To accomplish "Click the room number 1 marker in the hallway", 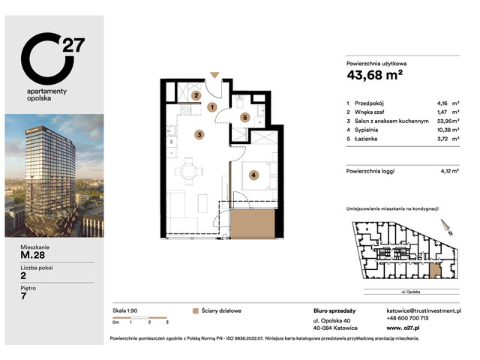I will click(212, 108).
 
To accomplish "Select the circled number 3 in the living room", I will click(199, 135).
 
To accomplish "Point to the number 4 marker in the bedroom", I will click(254, 175).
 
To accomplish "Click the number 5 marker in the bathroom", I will click(244, 117).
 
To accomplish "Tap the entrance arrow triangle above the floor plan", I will click(216, 75).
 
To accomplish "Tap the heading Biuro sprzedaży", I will click(334, 309).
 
